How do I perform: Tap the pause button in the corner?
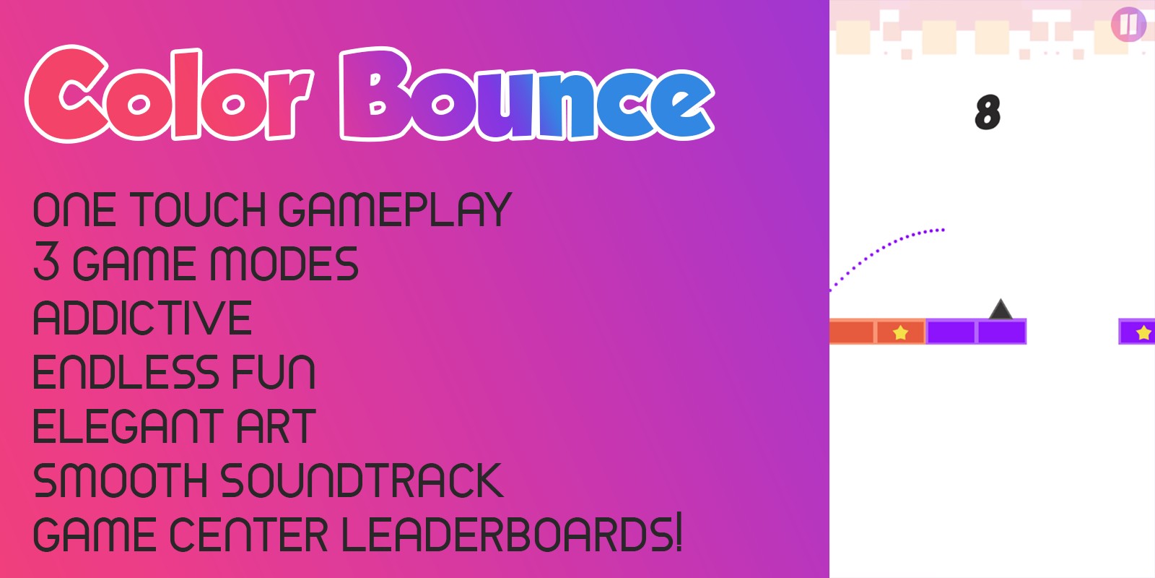pos(1128,24)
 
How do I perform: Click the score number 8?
pos(988,113)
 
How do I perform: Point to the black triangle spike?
pos(1000,309)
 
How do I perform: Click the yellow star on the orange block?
pos(900,332)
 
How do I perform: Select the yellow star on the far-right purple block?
pos(1143,332)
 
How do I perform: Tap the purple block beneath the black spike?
pos(1001,332)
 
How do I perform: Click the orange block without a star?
pos(852,332)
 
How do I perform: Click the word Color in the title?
pos(170,95)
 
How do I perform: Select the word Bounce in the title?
pos(527,95)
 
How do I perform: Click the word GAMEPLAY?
pos(395,210)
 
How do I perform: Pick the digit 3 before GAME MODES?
pos(46,264)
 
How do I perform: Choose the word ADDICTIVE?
pos(142,318)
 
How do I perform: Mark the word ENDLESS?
pos(126,372)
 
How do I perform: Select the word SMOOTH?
pos(120,481)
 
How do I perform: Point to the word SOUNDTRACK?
pos(361,481)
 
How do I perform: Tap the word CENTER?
pos(248,535)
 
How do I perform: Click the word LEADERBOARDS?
pos(511,535)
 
